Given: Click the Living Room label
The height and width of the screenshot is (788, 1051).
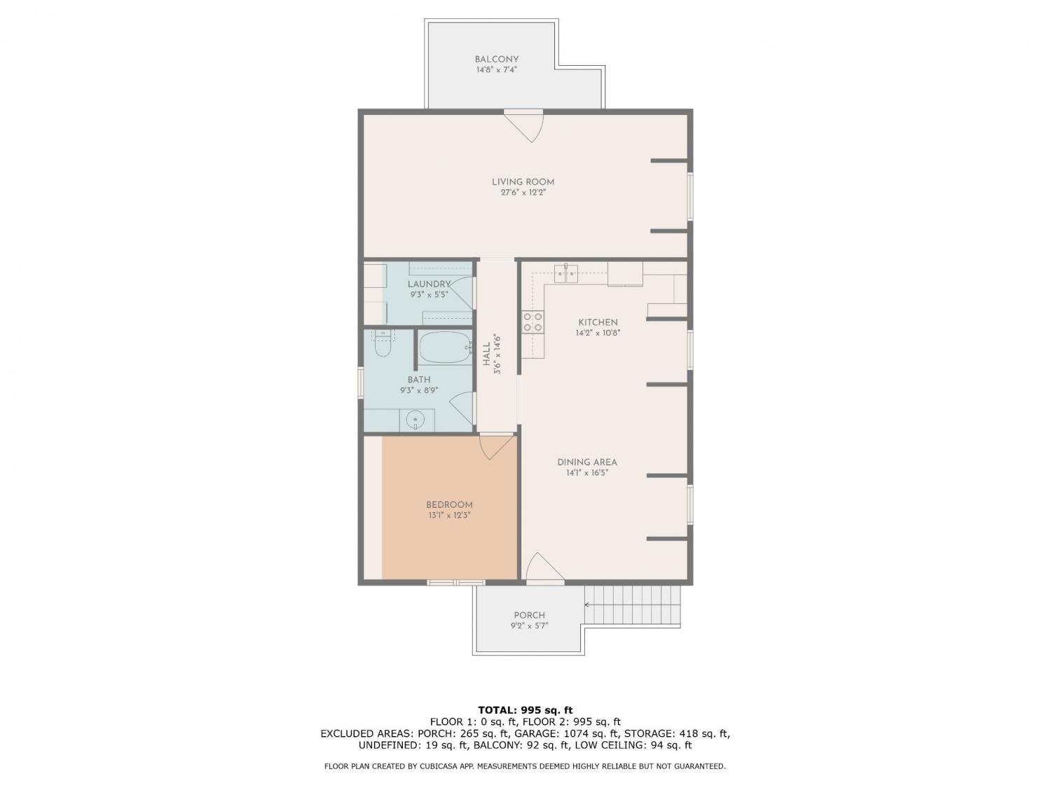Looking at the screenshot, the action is click(523, 182).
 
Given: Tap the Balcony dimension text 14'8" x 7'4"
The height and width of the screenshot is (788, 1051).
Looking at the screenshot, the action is click(497, 70).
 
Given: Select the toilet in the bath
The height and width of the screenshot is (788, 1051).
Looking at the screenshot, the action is click(383, 344).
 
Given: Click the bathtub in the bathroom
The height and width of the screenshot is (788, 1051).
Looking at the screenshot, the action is click(446, 348).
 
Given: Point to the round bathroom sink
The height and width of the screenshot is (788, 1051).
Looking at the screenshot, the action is click(415, 420).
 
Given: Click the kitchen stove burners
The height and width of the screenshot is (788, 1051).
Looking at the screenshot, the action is click(533, 322).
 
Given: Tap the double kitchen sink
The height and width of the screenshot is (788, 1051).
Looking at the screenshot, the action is click(566, 274).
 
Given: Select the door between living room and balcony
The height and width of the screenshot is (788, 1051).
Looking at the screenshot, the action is click(523, 126).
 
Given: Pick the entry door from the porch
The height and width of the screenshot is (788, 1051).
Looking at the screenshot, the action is click(545, 569).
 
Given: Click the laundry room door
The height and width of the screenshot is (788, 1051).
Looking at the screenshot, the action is click(462, 292).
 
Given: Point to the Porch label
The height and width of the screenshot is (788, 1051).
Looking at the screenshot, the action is click(529, 615).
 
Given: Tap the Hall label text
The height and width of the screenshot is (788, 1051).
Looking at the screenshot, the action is click(487, 354).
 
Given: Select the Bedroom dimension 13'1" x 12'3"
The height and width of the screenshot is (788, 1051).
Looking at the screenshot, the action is click(450, 516).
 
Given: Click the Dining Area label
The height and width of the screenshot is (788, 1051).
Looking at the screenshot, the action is click(587, 462).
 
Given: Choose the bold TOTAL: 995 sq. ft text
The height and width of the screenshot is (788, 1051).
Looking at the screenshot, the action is click(525, 710).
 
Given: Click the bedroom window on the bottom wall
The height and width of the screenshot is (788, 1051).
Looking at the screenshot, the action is click(456, 582).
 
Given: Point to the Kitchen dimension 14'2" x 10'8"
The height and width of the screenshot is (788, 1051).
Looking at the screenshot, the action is click(598, 333).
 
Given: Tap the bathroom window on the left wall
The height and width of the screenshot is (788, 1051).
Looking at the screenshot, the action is click(361, 382).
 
